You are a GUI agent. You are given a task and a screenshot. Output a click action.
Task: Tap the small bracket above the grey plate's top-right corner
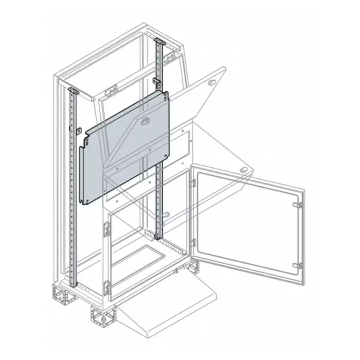coord(157,82)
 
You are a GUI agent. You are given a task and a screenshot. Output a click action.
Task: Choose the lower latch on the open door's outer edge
coord(297,265)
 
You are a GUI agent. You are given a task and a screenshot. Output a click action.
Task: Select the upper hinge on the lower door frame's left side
coord(107,229)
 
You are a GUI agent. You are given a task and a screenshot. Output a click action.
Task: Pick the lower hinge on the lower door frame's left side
coord(107,288)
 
